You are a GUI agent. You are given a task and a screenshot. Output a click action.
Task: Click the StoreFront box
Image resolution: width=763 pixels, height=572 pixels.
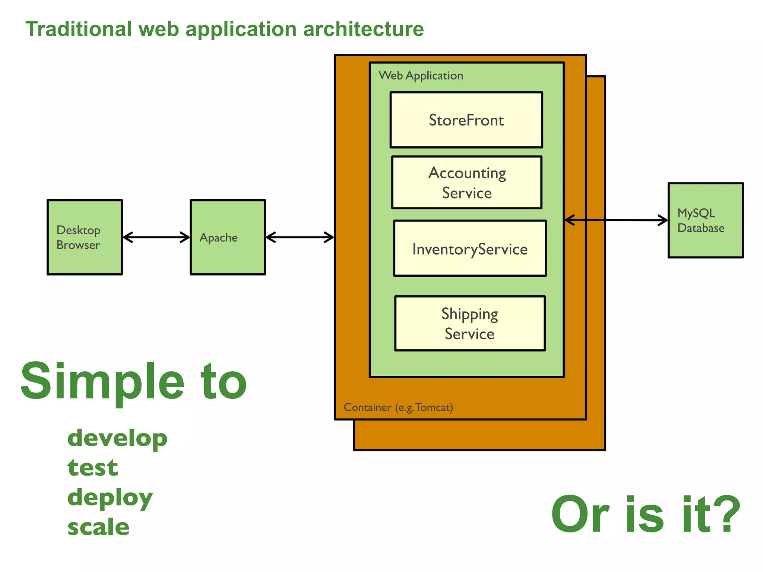pyautogui.click(x=466, y=120)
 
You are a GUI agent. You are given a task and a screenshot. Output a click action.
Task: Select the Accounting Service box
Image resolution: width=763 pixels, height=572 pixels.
pyautogui.click(x=466, y=182)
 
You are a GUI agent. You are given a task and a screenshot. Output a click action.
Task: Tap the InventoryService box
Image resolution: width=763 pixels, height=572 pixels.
pyautogui.click(x=470, y=248)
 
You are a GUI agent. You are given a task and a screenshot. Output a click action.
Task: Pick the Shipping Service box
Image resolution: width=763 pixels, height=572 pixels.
pyautogui.click(x=470, y=323)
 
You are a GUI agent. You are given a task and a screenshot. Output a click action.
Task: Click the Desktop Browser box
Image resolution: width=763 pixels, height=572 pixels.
pyautogui.click(x=85, y=237)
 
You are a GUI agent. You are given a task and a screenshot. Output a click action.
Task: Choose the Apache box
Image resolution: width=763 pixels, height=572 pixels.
pyautogui.click(x=228, y=237)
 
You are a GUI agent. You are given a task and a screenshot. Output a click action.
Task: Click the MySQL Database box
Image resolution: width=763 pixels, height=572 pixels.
pyautogui.click(x=705, y=220)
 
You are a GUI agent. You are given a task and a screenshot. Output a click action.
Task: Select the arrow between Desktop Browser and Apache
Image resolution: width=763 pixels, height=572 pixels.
pyautogui.click(x=156, y=237)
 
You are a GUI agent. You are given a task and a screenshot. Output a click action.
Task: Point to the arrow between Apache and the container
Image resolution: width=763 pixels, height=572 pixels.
pyautogui.click(x=300, y=237)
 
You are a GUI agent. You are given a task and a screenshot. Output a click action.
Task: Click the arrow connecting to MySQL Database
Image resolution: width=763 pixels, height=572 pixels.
pyautogui.click(x=616, y=220)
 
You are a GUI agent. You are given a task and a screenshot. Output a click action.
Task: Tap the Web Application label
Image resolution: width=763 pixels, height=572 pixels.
pyautogui.click(x=421, y=76)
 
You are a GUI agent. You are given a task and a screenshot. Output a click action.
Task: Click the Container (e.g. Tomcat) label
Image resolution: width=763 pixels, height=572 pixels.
pyautogui.click(x=398, y=407)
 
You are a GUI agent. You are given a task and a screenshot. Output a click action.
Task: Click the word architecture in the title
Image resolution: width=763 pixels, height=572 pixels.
pyautogui.click(x=363, y=29)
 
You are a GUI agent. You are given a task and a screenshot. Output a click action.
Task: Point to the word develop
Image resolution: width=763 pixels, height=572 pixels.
pyautogui.click(x=117, y=438)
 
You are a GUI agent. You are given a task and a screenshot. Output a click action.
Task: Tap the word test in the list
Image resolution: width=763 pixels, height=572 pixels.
pyautogui.click(x=92, y=468)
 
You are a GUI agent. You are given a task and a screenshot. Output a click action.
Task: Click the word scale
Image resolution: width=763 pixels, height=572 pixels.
pyautogui.click(x=98, y=527)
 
